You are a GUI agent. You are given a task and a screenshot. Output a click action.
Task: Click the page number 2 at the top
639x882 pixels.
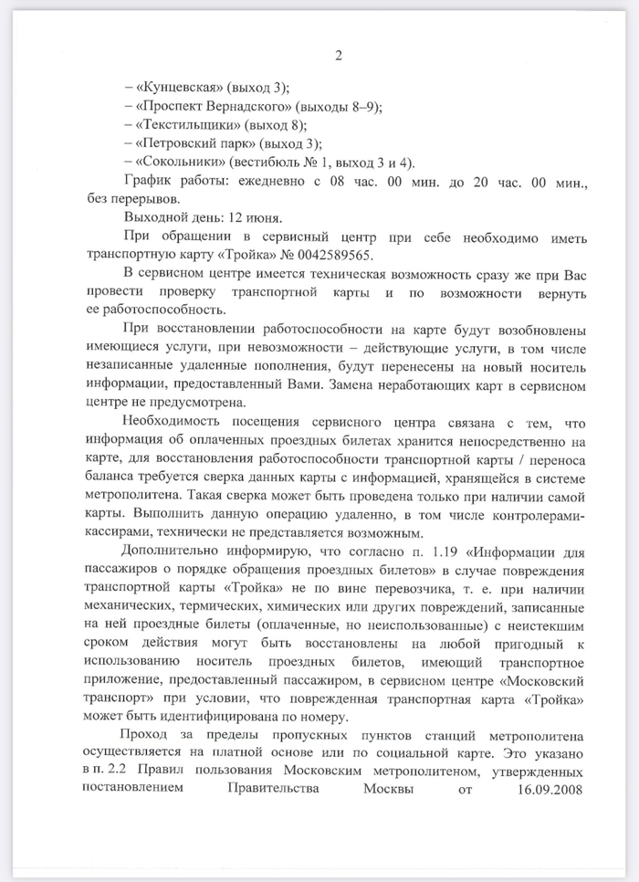coord(338,57)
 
